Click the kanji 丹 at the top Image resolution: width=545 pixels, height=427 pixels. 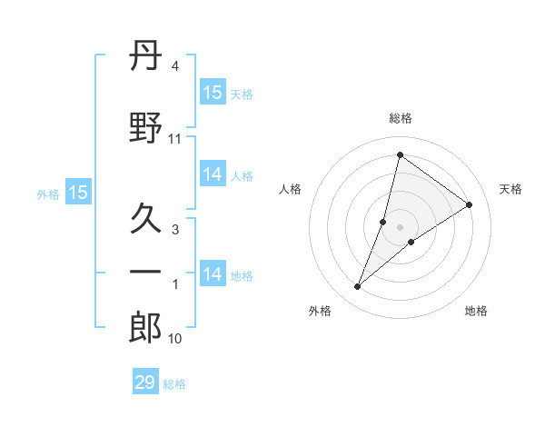tap(146, 56)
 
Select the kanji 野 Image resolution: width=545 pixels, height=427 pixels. tap(146, 128)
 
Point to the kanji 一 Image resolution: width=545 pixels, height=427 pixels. tap(146, 273)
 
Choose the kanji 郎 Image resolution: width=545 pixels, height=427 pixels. tap(146, 328)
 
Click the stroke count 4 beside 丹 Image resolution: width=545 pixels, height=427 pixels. tap(174, 66)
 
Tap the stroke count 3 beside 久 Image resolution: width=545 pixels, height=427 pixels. tap(174, 230)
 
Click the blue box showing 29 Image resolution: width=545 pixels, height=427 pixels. tap(145, 382)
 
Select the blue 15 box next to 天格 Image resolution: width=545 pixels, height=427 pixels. tap(213, 93)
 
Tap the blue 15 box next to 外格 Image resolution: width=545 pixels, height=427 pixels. tap(77, 193)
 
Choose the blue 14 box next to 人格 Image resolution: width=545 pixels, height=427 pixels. tap(213, 174)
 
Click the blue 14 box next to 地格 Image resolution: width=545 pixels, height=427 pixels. tap(213, 273)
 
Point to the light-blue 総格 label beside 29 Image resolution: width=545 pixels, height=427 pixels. tap(174, 384)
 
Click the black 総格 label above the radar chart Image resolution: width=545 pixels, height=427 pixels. tap(400, 118)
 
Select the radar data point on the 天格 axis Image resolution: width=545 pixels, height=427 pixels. tap(470, 204)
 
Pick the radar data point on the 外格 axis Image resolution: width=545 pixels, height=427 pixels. tap(358, 287)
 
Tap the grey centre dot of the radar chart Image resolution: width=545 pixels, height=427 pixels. tap(400, 226)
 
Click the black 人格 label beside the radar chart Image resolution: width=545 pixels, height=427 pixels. tap(291, 189)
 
